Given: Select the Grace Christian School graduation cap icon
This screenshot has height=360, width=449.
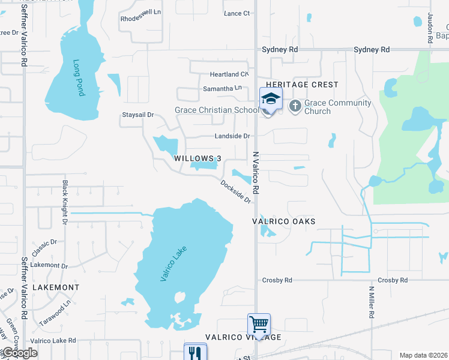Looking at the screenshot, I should (271, 99).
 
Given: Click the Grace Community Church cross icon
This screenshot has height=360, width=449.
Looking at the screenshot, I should (295, 106).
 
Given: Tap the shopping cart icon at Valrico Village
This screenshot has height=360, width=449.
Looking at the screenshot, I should (259, 325).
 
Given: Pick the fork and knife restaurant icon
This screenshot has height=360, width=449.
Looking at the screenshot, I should (195, 352).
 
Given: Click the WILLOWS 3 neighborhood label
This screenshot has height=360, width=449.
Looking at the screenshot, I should (197, 158).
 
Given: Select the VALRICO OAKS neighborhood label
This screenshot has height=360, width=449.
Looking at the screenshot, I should (283, 221).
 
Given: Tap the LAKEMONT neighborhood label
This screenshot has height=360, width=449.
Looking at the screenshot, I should (55, 287).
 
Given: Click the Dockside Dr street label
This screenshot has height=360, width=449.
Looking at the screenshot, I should (235, 191).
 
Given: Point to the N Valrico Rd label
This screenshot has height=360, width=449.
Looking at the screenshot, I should (256, 172).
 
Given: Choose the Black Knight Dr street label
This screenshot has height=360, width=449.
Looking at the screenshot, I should (64, 202).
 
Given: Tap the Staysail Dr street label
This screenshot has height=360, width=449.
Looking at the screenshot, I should (138, 115).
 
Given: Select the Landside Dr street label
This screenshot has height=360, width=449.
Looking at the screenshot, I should (230, 136).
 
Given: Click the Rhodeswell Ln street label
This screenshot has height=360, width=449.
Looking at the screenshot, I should (141, 11).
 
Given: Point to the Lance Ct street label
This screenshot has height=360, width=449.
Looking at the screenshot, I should (236, 13).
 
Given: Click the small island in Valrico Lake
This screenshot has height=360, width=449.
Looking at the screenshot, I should (179, 297).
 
